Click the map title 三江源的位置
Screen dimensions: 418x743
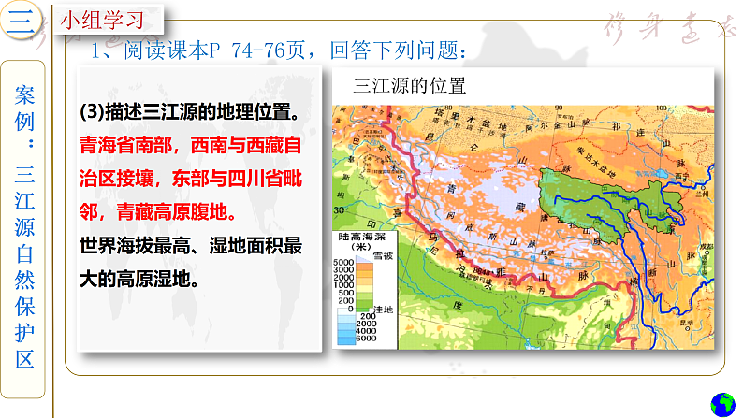[409, 87]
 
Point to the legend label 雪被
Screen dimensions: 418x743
[384, 255]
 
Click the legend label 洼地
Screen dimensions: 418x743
[384, 309]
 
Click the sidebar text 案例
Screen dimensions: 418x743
[25, 106]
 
